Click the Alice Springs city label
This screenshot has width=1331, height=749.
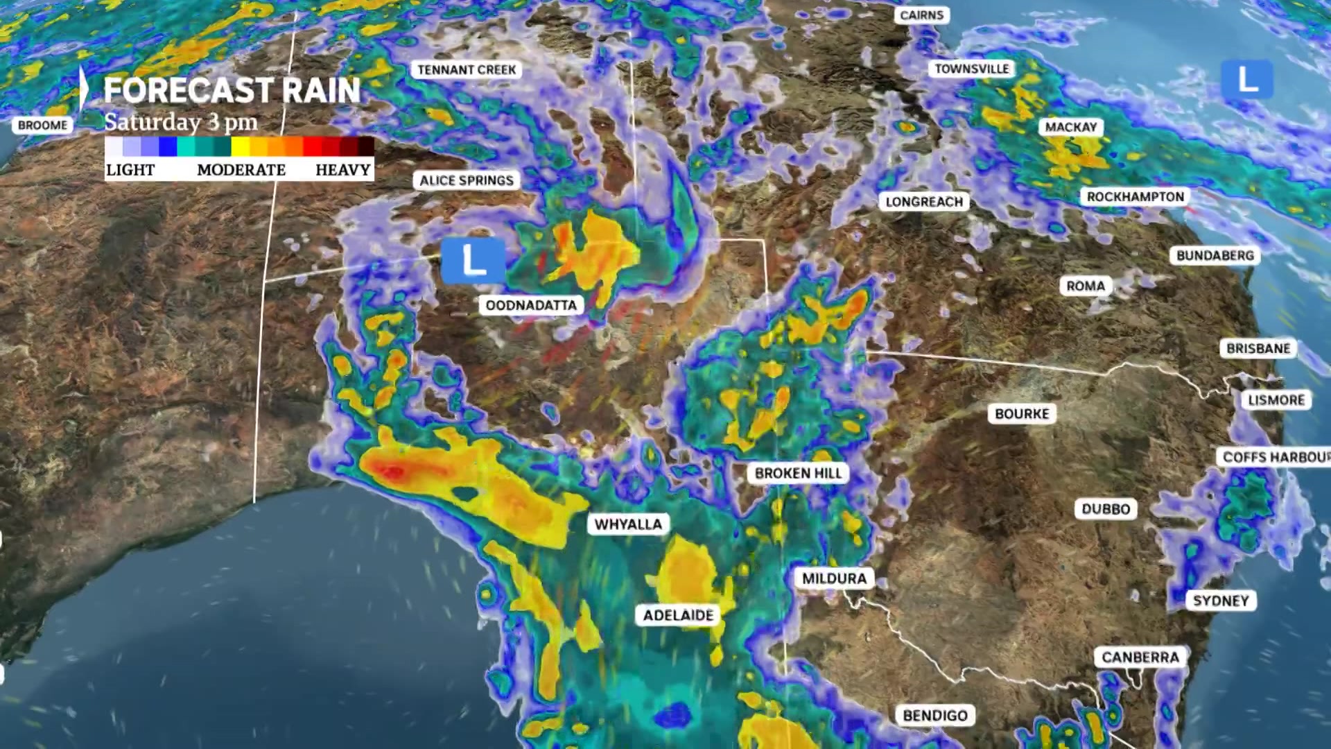click(x=467, y=180)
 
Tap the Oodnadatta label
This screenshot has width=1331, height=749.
click(x=530, y=305)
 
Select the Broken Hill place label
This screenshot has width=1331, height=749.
click(x=798, y=473)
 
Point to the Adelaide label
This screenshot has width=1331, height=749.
click(x=678, y=615)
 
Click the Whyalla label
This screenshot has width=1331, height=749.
click(x=628, y=524)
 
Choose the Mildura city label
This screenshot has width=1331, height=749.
click(x=834, y=578)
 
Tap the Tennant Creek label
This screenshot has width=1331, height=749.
click(x=467, y=70)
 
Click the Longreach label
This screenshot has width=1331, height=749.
click(x=924, y=202)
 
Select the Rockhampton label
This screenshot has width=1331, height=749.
click(x=1135, y=197)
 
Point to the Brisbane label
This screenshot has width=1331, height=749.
click(x=1258, y=348)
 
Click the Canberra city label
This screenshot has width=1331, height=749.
click(x=1140, y=657)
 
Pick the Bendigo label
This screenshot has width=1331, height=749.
click(x=934, y=715)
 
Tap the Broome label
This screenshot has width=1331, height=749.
click(x=42, y=126)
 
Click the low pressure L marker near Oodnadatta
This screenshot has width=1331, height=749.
click(x=473, y=261)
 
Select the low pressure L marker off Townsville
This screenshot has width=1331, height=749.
click(x=1246, y=79)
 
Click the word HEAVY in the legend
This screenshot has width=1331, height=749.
click(x=342, y=170)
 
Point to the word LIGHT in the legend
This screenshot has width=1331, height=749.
click(x=130, y=170)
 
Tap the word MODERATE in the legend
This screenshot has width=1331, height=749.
click(x=241, y=170)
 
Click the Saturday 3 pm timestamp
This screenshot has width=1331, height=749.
click(x=181, y=122)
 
